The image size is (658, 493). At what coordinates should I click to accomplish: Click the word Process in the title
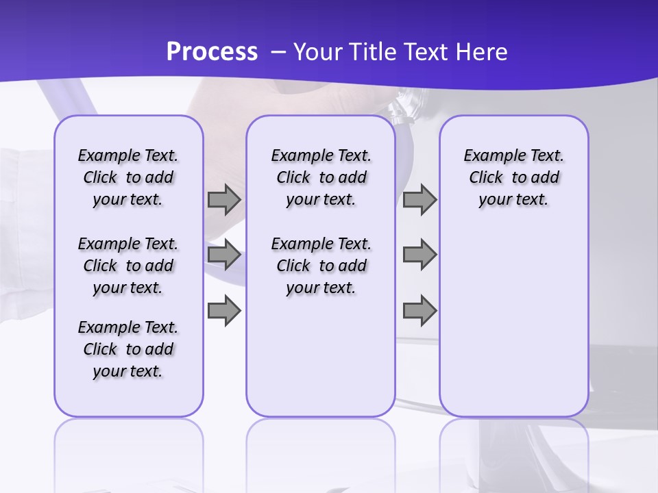point(212,51)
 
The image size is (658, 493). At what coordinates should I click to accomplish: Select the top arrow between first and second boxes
point(224,200)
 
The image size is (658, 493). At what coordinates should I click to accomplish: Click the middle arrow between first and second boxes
point(224,255)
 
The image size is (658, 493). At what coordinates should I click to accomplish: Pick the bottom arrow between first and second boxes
point(224,311)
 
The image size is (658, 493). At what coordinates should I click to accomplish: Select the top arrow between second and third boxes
point(419,200)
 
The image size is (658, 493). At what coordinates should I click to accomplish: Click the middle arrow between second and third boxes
point(419,255)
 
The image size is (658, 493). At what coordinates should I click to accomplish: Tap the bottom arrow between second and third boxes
point(419,311)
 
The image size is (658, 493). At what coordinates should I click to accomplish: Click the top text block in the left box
point(128,177)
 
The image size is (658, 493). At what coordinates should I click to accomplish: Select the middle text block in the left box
point(128,266)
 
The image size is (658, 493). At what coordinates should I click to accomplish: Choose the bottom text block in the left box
point(128,349)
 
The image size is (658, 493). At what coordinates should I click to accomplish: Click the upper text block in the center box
point(321,177)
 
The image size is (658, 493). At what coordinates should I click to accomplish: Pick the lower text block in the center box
point(321,266)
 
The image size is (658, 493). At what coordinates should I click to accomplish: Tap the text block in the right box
point(514,177)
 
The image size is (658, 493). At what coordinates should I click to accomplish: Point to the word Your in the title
point(318,51)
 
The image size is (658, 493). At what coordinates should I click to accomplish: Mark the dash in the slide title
point(278,52)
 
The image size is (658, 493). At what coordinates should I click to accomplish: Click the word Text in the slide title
point(430,51)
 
